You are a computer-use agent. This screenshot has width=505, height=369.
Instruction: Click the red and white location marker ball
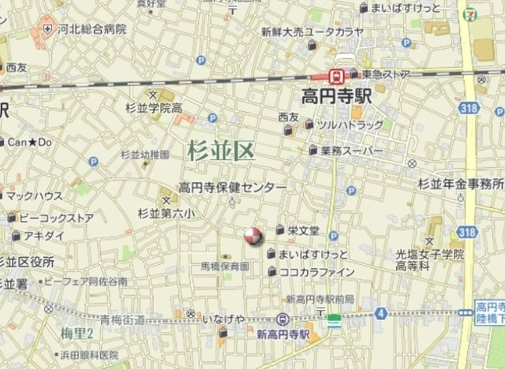[x=252, y=235]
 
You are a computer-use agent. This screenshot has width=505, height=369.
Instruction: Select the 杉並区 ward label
[x=221, y=151]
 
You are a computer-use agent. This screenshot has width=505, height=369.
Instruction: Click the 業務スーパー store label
[x=352, y=150]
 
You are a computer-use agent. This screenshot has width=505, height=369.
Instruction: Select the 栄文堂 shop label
[x=303, y=230]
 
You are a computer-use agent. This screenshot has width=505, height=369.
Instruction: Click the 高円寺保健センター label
[x=232, y=188]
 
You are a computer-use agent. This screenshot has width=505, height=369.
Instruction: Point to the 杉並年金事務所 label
[x=461, y=184]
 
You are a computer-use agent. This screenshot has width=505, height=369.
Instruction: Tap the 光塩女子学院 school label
[x=430, y=254]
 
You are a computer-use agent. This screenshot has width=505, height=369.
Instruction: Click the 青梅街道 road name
[x=122, y=319]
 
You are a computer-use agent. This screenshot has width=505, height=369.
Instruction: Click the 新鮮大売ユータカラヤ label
[x=312, y=32]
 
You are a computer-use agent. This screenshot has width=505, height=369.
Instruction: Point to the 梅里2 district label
[x=77, y=334]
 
